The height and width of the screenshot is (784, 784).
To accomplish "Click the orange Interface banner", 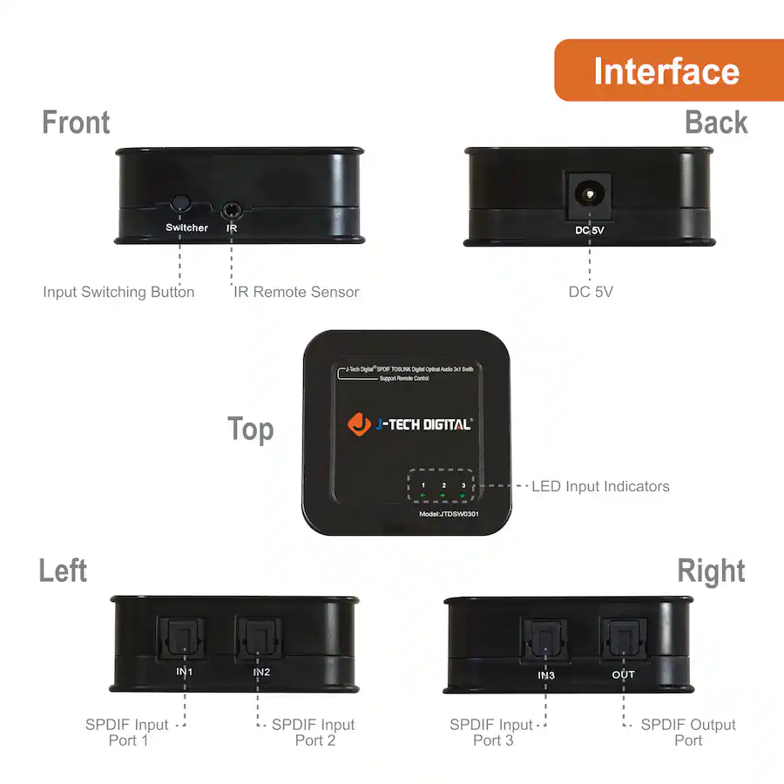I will click(x=667, y=71).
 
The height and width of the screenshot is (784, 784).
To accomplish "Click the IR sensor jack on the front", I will click(x=232, y=209).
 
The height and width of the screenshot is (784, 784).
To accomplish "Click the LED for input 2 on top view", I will click(x=443, y=497).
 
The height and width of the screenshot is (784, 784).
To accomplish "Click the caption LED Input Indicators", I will click(x=600, y=486).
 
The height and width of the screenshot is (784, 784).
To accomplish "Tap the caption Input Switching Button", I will click(x=118, y=292).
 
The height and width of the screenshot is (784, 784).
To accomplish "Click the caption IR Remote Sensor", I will click(x=296, y=292).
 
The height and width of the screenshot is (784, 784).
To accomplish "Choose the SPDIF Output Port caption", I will click(x=688, y=732).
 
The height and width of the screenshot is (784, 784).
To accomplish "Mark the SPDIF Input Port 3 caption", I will click(x=492, y=732).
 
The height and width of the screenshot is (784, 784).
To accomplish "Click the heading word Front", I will click(x=76, y=123).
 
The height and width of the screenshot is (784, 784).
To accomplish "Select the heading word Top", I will click(x=250, y=429).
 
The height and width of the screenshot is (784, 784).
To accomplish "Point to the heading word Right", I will click(x=711, y=571).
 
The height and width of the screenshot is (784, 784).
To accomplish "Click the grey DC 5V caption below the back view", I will click(x=591, y=292).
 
